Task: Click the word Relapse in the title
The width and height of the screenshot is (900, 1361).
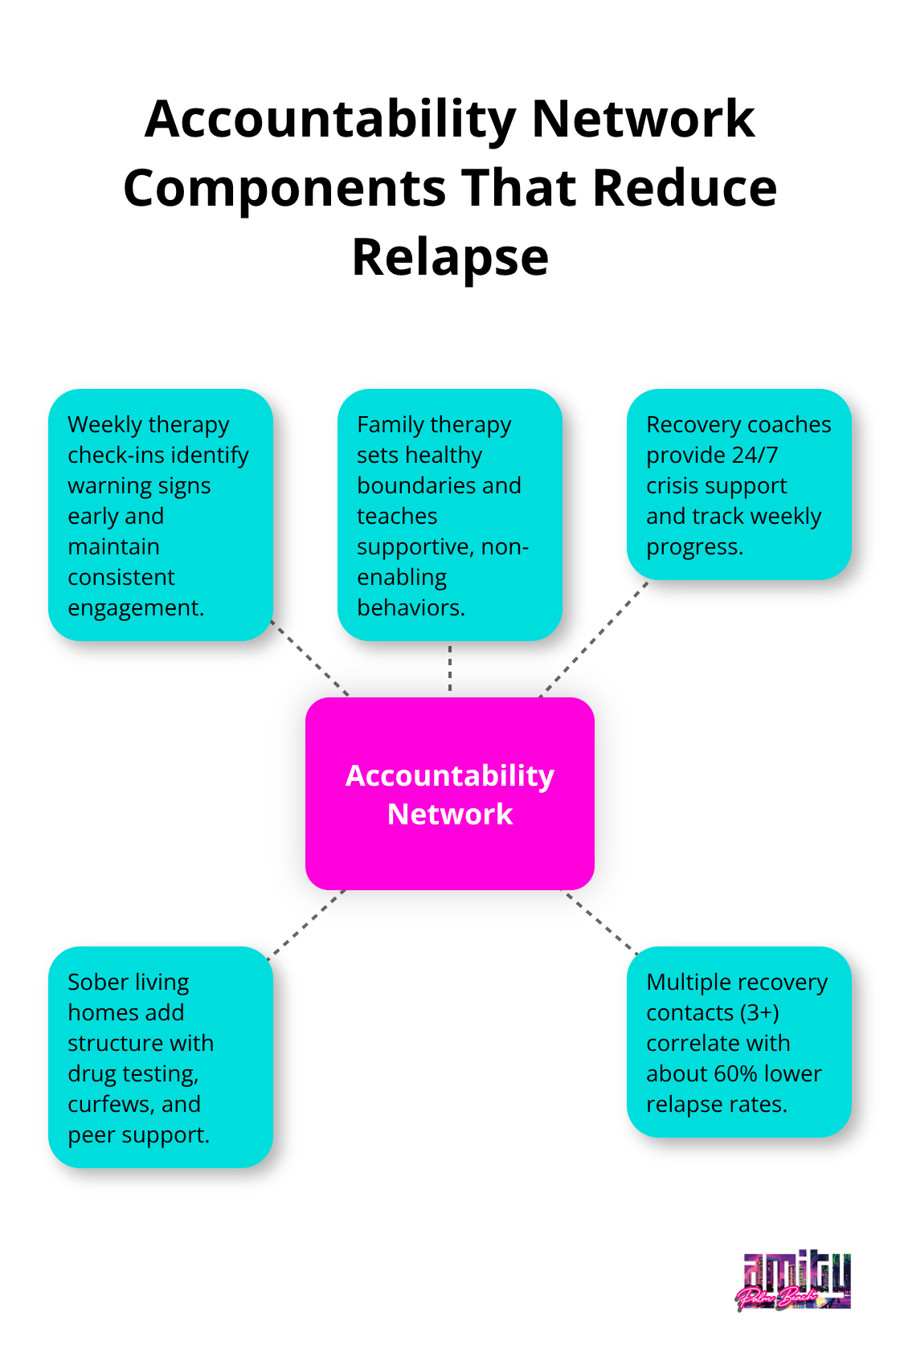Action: point(450,258)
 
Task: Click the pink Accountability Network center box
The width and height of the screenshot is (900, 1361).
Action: point(450,794)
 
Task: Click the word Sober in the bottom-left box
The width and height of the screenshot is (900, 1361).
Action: point(97,983)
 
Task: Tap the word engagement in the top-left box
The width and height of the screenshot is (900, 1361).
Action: point(135,608)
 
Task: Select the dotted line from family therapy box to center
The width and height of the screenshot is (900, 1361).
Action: point(450,668)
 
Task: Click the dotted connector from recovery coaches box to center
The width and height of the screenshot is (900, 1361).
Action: point(595,639)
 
